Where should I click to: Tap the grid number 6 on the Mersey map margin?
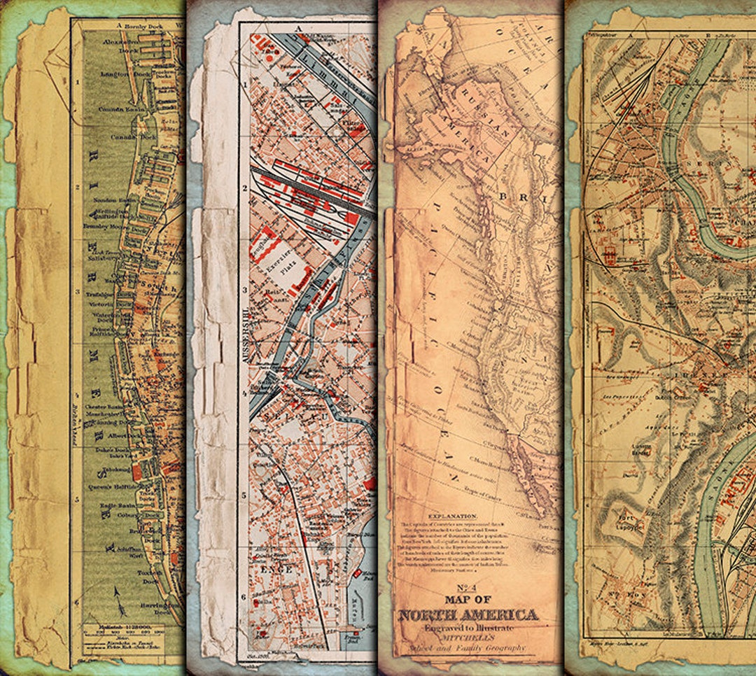77,600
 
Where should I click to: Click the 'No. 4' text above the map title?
469,588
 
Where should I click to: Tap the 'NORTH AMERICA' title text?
468,615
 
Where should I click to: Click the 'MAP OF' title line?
468,600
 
